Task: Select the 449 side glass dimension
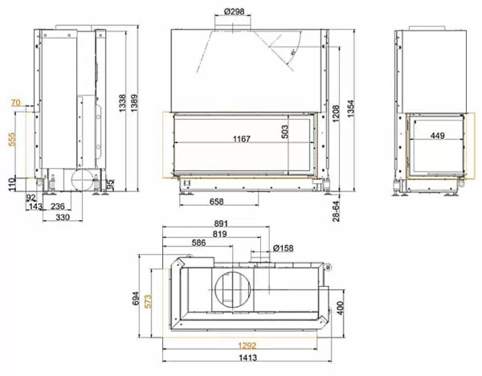coord(436,136)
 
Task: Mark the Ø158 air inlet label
coord(284,247)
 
